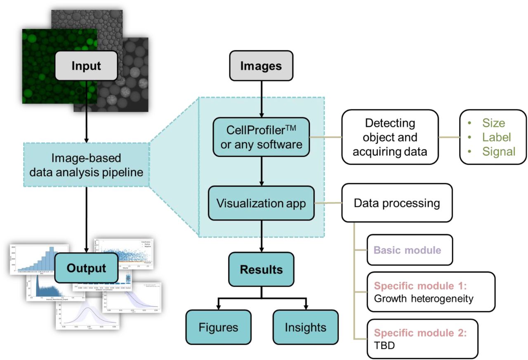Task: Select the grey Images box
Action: coord(262,66)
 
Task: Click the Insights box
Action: coord(306,327)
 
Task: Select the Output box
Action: coord(86,268)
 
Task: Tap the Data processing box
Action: coord(397,203)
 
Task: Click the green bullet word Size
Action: coord(493,123)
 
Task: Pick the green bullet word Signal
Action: coord(499,151)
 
